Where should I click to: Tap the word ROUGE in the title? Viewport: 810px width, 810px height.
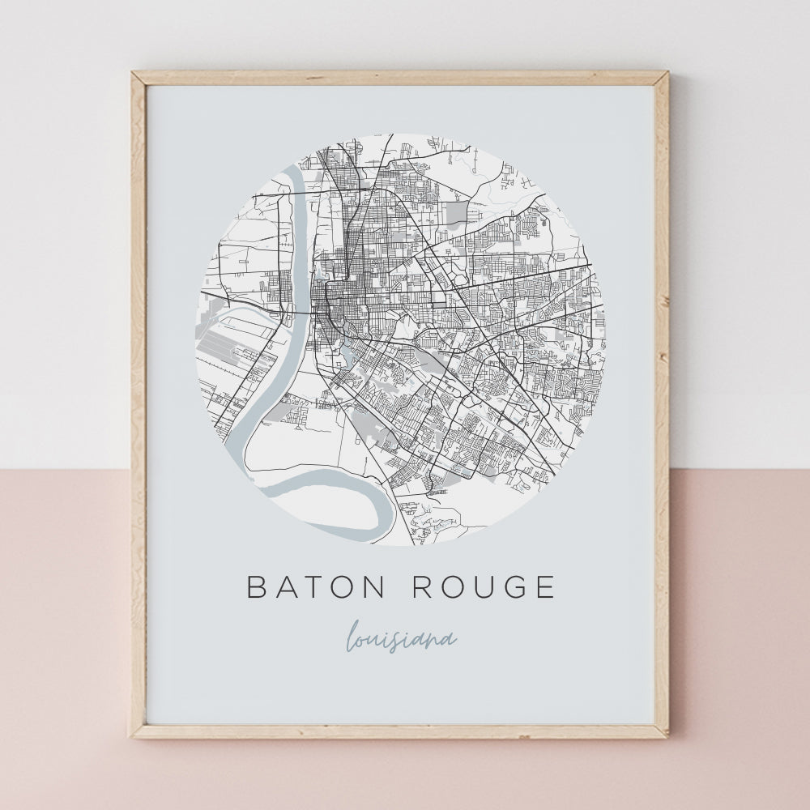click(484, 586)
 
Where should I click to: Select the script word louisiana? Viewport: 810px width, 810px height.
click(401, 639)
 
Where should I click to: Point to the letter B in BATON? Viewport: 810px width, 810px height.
click(256, 586)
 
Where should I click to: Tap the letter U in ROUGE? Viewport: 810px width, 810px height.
click(480, 586)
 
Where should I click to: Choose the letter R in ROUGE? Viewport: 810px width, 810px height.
click(422, 586)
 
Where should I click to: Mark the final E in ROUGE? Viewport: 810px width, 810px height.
click(545, 586)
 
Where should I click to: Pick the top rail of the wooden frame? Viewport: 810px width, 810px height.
click(400, 79)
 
